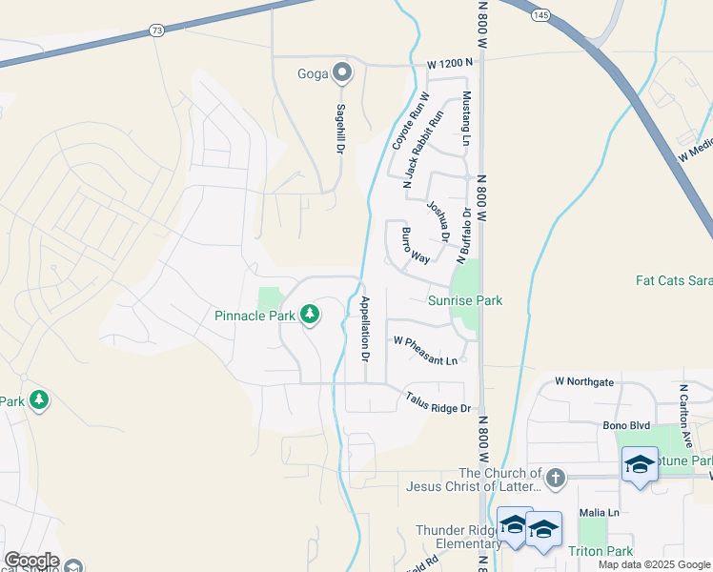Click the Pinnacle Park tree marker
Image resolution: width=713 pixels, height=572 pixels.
tap(309, 314)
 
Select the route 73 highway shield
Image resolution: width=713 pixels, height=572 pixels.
tap(156, 31)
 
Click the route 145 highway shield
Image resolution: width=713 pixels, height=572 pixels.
tap(540, 15)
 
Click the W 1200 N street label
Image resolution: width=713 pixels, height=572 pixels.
tap(450, 64)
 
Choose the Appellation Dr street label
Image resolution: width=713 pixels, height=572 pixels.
tap(364, 327)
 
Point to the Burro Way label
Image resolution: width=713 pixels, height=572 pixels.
tap(416, 245)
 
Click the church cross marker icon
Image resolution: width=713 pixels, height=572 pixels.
tap(555, 476)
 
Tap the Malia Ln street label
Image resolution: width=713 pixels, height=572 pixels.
tap(601, 512)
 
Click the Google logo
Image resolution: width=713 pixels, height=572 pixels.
tap(31, 561)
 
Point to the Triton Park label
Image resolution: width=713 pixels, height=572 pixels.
tap(601, 551)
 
